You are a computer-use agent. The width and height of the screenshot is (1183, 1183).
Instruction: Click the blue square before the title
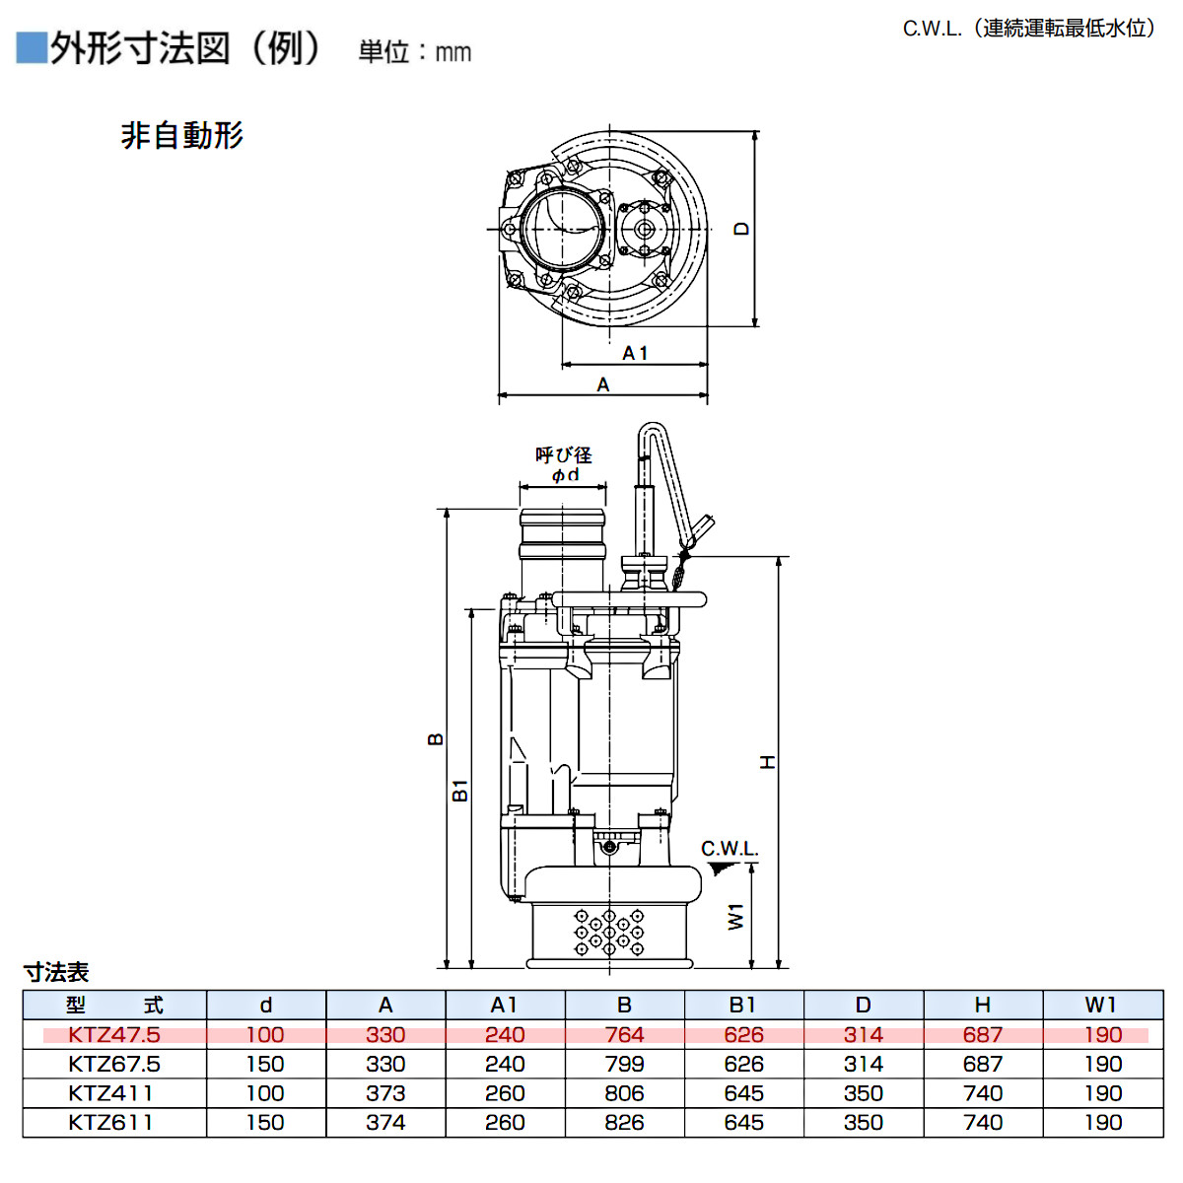(x=32, y=48)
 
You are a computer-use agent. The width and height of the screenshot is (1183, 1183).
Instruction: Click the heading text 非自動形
(x=182, y=135)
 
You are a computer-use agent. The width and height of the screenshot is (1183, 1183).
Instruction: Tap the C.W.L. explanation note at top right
(x=1029, y=28)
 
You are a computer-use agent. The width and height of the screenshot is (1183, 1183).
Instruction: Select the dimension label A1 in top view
(x=635, y=353)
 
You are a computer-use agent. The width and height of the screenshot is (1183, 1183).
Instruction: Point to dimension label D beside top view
(x=741, y=229)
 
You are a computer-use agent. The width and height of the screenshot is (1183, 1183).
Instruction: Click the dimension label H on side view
(x=768, y=762)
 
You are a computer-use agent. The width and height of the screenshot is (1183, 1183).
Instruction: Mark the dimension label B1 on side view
(x=459, y=790)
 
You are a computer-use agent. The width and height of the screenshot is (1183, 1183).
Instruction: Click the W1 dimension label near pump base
(x=736, y=916)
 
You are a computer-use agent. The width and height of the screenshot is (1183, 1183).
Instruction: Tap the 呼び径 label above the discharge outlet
(x=564, y=454)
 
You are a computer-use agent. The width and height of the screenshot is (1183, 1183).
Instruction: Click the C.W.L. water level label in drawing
(x=730, y=849)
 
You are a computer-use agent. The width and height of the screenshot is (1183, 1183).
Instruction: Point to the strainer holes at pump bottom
(x=609, y=933)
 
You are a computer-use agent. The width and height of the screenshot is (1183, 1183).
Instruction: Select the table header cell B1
(x=743, y=1005)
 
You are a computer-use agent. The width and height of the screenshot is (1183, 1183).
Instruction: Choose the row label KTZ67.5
(x=114, y=1064)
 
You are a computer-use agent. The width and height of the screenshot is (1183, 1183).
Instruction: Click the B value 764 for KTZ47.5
(x=624, y=1034)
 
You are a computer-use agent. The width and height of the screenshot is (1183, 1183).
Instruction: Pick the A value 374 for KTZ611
(x=385, y=1122)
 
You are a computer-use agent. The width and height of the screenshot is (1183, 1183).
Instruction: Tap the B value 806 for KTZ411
(x=624, y=1093)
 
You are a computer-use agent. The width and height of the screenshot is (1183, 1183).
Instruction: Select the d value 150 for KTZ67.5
(x=265, y=1064)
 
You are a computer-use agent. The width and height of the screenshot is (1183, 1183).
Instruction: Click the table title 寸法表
(x=56, y=972)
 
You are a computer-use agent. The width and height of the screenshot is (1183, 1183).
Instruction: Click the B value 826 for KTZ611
(x=624, y=1122)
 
